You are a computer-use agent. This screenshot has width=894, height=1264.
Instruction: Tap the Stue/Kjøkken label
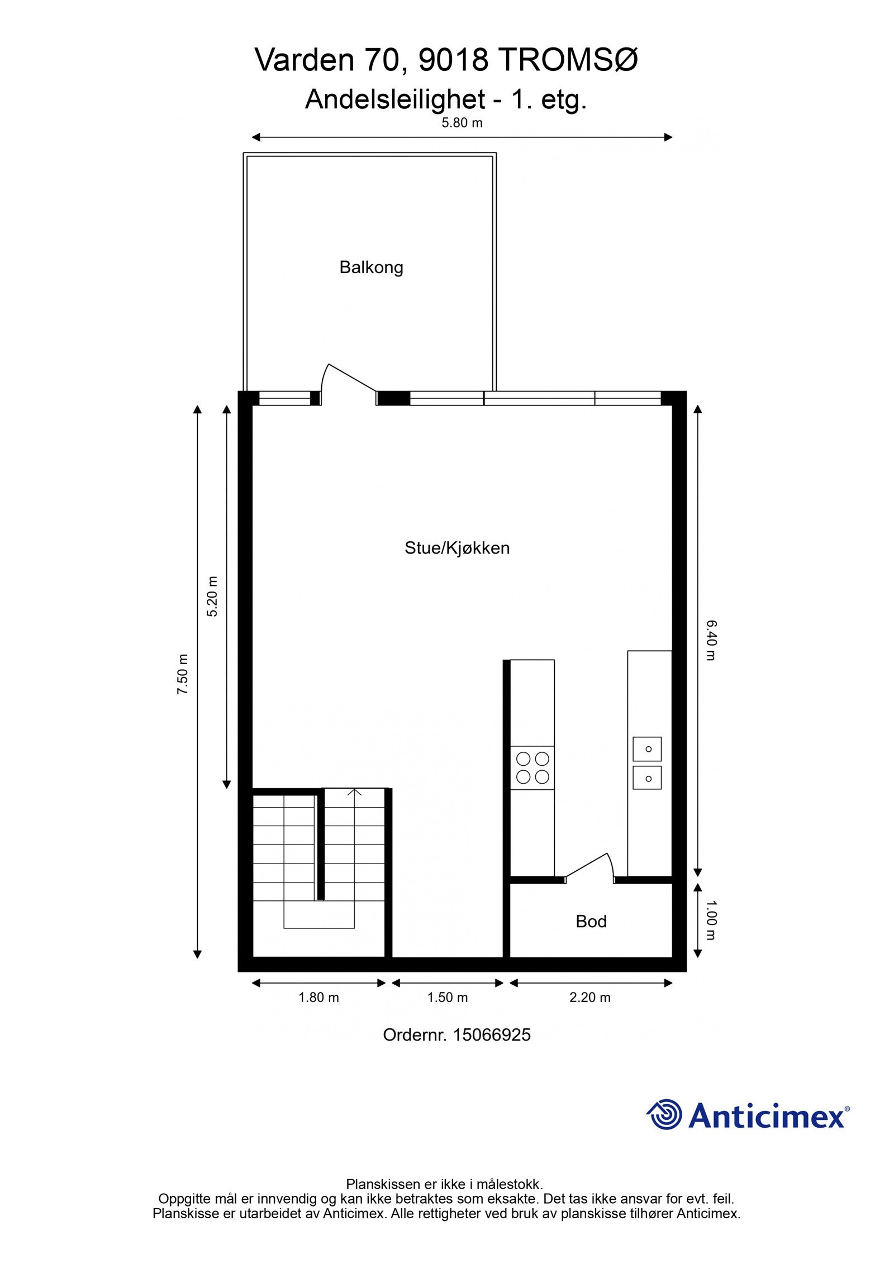[x=457, y=548]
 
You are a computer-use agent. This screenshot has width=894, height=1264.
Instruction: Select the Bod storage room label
[x=591, y=921]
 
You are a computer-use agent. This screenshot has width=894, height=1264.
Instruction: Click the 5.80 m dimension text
[x=462, y=123]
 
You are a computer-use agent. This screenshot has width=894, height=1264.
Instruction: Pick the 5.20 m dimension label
[x=212, y=596]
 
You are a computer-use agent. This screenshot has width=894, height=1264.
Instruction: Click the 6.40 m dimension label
[x=710, y=640]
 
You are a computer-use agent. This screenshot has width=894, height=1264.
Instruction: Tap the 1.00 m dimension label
[x=710, y=919]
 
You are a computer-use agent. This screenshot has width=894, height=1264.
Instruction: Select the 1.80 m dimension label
[x=318, y=997]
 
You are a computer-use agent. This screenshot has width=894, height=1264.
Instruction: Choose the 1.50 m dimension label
[x=447, y=997]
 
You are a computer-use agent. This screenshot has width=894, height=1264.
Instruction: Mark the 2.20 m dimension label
[x=589, y=997]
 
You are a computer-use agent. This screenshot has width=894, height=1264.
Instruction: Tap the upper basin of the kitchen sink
[x=647, y=748]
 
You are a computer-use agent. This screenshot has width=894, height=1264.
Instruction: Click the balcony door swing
[x=346, y=383]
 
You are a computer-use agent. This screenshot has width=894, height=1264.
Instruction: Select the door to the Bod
[x=590, y=867]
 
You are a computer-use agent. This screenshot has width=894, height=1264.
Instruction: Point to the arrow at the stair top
[x=354, y=792]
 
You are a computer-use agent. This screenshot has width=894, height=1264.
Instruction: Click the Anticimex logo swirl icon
[x=665, y=1114]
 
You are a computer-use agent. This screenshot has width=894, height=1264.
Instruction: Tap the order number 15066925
[x=491, y=1035]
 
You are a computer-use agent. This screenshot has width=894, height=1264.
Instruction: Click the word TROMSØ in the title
[x=567, y=60]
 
